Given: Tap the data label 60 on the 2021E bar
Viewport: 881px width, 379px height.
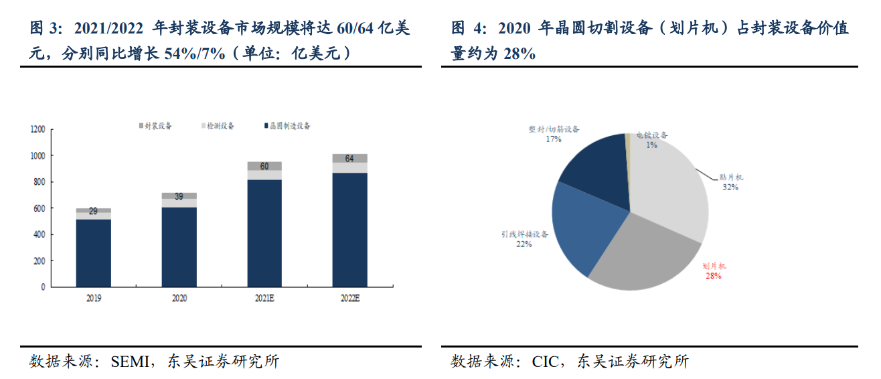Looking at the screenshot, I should tap(264, 166).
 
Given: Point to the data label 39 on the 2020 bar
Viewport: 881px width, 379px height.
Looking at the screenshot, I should tap(179, 196).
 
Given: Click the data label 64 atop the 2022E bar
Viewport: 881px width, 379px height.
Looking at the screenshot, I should tap(349, 159).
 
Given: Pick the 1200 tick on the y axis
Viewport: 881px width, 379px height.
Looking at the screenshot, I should tap(38, 129).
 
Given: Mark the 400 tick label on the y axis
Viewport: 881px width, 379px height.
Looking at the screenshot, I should tap(40, 235).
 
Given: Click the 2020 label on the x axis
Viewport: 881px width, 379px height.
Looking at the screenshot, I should tap(179, 298).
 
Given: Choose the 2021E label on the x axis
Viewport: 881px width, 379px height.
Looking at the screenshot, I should tap(264, 298).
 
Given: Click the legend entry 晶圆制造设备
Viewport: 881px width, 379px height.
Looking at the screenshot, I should tap(289, 126).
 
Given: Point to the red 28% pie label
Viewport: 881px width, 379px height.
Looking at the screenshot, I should tap(713, 275).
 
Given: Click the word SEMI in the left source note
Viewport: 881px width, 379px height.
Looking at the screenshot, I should tap(125, 362).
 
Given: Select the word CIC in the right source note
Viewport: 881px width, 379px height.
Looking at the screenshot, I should tap(545, 362).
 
